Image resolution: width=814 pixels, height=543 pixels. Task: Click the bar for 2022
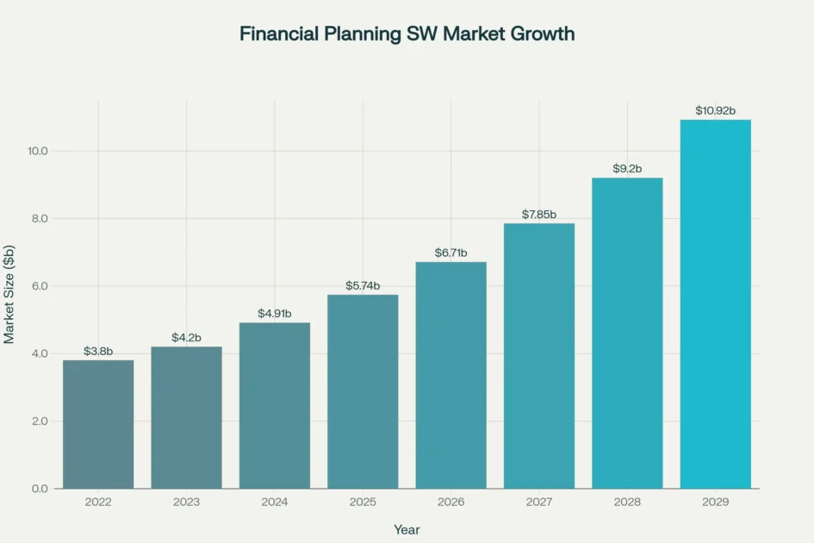pyautogui.click(x=98, y=424)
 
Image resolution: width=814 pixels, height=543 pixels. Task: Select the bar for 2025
pyautogui.click(x=363, y=391)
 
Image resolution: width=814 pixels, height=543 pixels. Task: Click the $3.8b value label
pyautogui.click(x=98, y=351)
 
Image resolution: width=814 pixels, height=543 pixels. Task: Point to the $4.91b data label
pyautogui.click(x=275, y=314)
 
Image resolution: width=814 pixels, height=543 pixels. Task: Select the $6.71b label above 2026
pyautogui.click(x=450, y=253)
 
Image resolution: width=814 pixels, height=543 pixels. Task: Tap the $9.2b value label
pyautogui.click(x=627, y=169)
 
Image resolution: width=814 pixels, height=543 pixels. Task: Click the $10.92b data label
pyautogui.click(x=715, y=110)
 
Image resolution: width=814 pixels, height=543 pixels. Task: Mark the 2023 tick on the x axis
pyautogui.click(x=186, y=502)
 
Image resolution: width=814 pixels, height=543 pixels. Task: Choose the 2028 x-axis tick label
pyautogui.click(x=627, y=502)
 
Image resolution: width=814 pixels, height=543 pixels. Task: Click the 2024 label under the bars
pyautogui.click(x=275, y=502)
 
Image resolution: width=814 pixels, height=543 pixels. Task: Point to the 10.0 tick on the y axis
pyautogui.click(x=37, y=151)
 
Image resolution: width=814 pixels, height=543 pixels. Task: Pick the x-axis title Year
pyautogui.click(x=407, y=529)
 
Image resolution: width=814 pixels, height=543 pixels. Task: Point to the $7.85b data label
pyautogui.click(x=539, y=215)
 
